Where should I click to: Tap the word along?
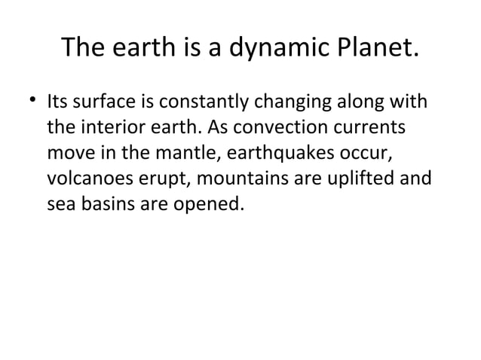point(354,101)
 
